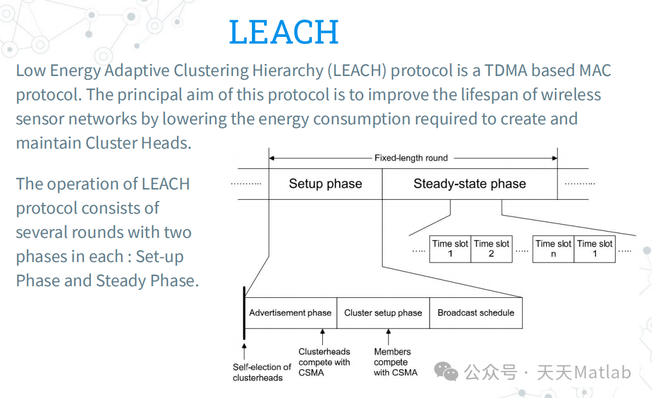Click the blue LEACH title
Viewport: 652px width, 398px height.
coord(284,32)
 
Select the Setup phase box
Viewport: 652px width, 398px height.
coord(325,184)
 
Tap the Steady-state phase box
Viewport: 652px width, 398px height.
coord(469,184)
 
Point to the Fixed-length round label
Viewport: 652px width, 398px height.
coord(411,157)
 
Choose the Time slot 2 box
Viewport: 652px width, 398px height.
coord(491,248)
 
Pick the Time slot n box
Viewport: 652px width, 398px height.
coord(553,248)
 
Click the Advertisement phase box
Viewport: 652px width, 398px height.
coord(290,313)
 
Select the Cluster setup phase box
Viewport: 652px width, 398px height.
coord(383,313)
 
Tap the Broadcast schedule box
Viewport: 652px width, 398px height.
coord(476,313)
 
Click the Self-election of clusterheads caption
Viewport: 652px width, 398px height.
coord(262,372)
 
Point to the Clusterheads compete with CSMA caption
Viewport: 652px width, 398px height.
coord(324,362)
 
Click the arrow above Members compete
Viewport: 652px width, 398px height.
coord(389,336)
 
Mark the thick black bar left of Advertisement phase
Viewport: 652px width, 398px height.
coord(244,313)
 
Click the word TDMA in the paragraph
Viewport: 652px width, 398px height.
coord(506,71)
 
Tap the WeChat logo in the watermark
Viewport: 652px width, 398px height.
coord(446,372)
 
